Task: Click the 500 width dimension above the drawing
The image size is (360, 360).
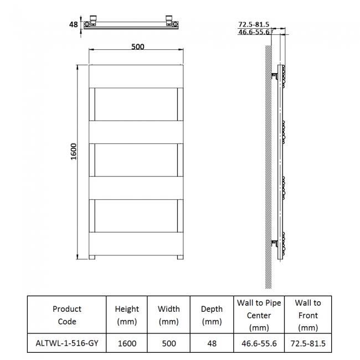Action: [137, 47]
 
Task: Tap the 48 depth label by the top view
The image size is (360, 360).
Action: [73, 24]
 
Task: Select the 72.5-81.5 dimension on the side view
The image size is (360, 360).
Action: [253, 24]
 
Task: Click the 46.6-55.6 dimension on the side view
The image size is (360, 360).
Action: [253, 32]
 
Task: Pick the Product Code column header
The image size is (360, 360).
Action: [66, 315]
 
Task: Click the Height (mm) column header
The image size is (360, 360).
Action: [127, 315]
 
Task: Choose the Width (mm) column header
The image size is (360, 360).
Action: [169, 315]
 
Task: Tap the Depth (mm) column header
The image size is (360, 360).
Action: [212, 315]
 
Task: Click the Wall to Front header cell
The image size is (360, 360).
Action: [307, 315]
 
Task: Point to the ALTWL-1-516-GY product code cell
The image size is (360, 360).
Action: [66, 343]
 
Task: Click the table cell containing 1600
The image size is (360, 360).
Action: [127, 343]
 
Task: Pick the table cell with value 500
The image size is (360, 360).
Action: [169, 343]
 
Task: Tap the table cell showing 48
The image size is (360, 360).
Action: [212, 343]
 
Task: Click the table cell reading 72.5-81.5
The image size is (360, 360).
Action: [307, 343]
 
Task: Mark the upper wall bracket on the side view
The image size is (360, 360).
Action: [274, 75]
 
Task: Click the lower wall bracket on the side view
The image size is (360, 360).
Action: [274, 243]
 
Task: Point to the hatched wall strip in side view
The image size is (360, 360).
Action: [268, 166]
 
